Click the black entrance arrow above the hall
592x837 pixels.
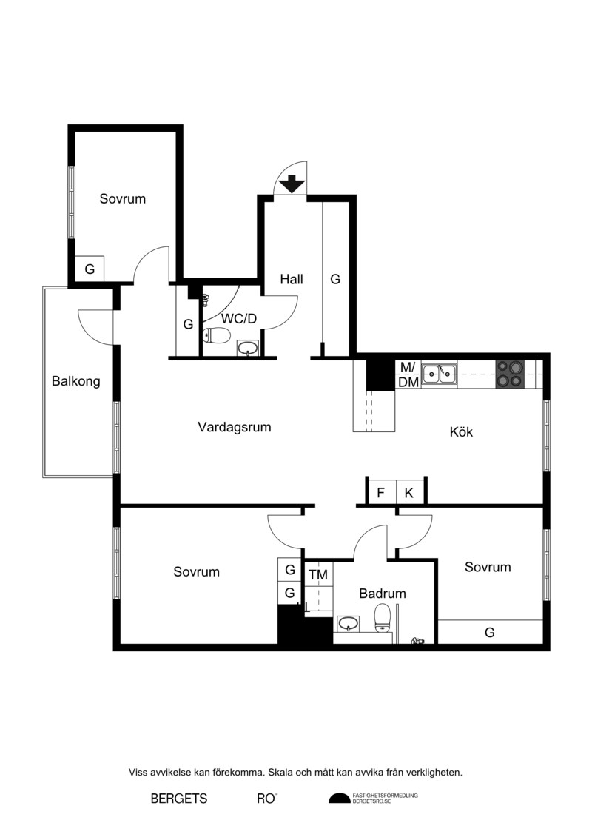(292, 184)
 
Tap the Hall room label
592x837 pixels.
(292, 279)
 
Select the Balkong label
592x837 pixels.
(75, 381)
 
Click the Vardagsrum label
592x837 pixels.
(235, 427)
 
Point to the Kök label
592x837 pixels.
(461, 431)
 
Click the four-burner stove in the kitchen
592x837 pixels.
(510, 374)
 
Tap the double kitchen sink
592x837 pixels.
(440, 374)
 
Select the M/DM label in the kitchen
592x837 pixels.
(408, 374)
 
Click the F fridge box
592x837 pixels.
(381, 492)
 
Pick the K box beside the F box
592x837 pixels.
(410, 492)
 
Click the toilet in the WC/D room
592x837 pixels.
(216, 335)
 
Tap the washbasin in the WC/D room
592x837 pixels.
(248, 348)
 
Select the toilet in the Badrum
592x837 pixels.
(383, 618)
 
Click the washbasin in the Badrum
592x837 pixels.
(348, 623)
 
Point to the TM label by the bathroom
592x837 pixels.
(318, 575)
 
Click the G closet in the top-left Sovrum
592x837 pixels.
(90, 269)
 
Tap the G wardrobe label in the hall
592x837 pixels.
(335, 279)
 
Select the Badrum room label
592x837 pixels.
(383, 593)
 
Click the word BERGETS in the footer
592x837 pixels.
(179, 799)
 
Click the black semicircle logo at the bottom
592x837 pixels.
(339, 798)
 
